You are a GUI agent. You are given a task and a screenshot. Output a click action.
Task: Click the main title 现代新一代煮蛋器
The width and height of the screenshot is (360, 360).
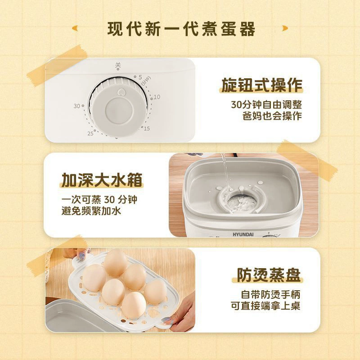(x=181, y=29)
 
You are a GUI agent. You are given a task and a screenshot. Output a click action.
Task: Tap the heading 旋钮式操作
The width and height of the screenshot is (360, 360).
(x=262, y=85)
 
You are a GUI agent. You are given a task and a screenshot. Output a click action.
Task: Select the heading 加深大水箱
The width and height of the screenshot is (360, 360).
(x=102, y=180)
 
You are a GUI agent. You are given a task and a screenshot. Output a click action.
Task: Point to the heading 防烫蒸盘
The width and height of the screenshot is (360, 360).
(x=269, y=274)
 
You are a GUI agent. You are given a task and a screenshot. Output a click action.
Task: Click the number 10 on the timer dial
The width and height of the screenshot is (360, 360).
(x=157, y=97)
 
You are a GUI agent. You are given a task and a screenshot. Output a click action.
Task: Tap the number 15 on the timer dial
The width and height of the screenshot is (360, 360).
(x=147, y=129)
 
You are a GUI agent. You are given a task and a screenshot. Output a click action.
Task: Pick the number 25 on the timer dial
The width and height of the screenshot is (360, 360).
(x=90, y=133)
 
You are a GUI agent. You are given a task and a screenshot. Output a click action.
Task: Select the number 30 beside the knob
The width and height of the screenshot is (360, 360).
(x=76, y=106)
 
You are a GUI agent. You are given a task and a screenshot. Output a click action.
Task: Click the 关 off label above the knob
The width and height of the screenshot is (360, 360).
(x=118, y=65)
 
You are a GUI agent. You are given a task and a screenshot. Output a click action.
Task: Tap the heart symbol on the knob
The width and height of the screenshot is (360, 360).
(x=121, y=93)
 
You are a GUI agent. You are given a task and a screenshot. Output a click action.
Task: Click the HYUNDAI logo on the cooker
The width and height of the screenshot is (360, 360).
(x=243, y=234)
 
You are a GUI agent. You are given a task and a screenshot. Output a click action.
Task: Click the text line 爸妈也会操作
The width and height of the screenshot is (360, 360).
(x=272, y=116)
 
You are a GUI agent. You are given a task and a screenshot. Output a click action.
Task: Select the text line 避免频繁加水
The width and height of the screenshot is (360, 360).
(x=91, y=211)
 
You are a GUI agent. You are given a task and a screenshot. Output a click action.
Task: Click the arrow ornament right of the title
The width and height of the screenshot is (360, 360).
(x=285, y=28)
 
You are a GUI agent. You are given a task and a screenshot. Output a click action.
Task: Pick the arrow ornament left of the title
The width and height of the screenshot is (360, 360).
(x=75, y=28)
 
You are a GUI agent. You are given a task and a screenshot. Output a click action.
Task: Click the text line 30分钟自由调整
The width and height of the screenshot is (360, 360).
(x=266, y=105)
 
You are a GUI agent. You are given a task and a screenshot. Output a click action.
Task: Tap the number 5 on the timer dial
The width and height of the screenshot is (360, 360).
(x=140, y=77)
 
